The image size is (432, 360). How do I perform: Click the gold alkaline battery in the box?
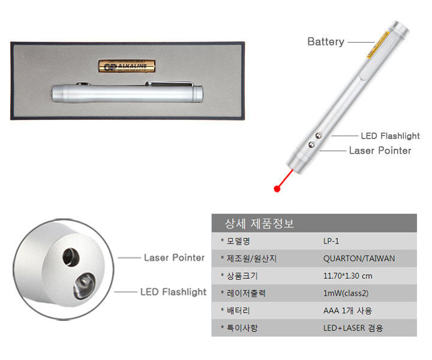tap(127, 66)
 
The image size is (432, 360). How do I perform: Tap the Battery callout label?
tap(326, 42)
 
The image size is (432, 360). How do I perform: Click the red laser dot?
tap(277, 188)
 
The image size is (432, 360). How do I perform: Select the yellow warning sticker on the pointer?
tap(378, 44)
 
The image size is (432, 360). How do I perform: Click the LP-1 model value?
tap(331, 241)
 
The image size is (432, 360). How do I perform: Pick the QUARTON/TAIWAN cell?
tap(359, 259)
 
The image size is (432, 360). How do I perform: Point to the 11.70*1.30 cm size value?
tap(347, 276)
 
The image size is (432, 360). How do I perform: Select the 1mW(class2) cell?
tap(346, 293)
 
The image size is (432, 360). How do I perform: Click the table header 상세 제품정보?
tap(259, 223)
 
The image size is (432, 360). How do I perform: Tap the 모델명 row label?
tap(238, 241)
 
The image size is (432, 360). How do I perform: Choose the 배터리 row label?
tap(238, 311)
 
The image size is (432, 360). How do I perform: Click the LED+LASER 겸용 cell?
tap(353, 328)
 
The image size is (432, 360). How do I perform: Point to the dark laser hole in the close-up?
tap(71, 257)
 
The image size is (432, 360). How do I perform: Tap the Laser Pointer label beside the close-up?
tap(174, 257)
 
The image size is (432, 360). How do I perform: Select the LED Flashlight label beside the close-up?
tap(173, 292)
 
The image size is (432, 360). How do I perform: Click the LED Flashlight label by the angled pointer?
tap(391, 136)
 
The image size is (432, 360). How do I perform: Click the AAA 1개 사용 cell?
tap(347, 311)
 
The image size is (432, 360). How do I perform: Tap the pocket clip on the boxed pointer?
tap(170, 83)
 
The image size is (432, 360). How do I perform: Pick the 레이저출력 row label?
tap(246, 293)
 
